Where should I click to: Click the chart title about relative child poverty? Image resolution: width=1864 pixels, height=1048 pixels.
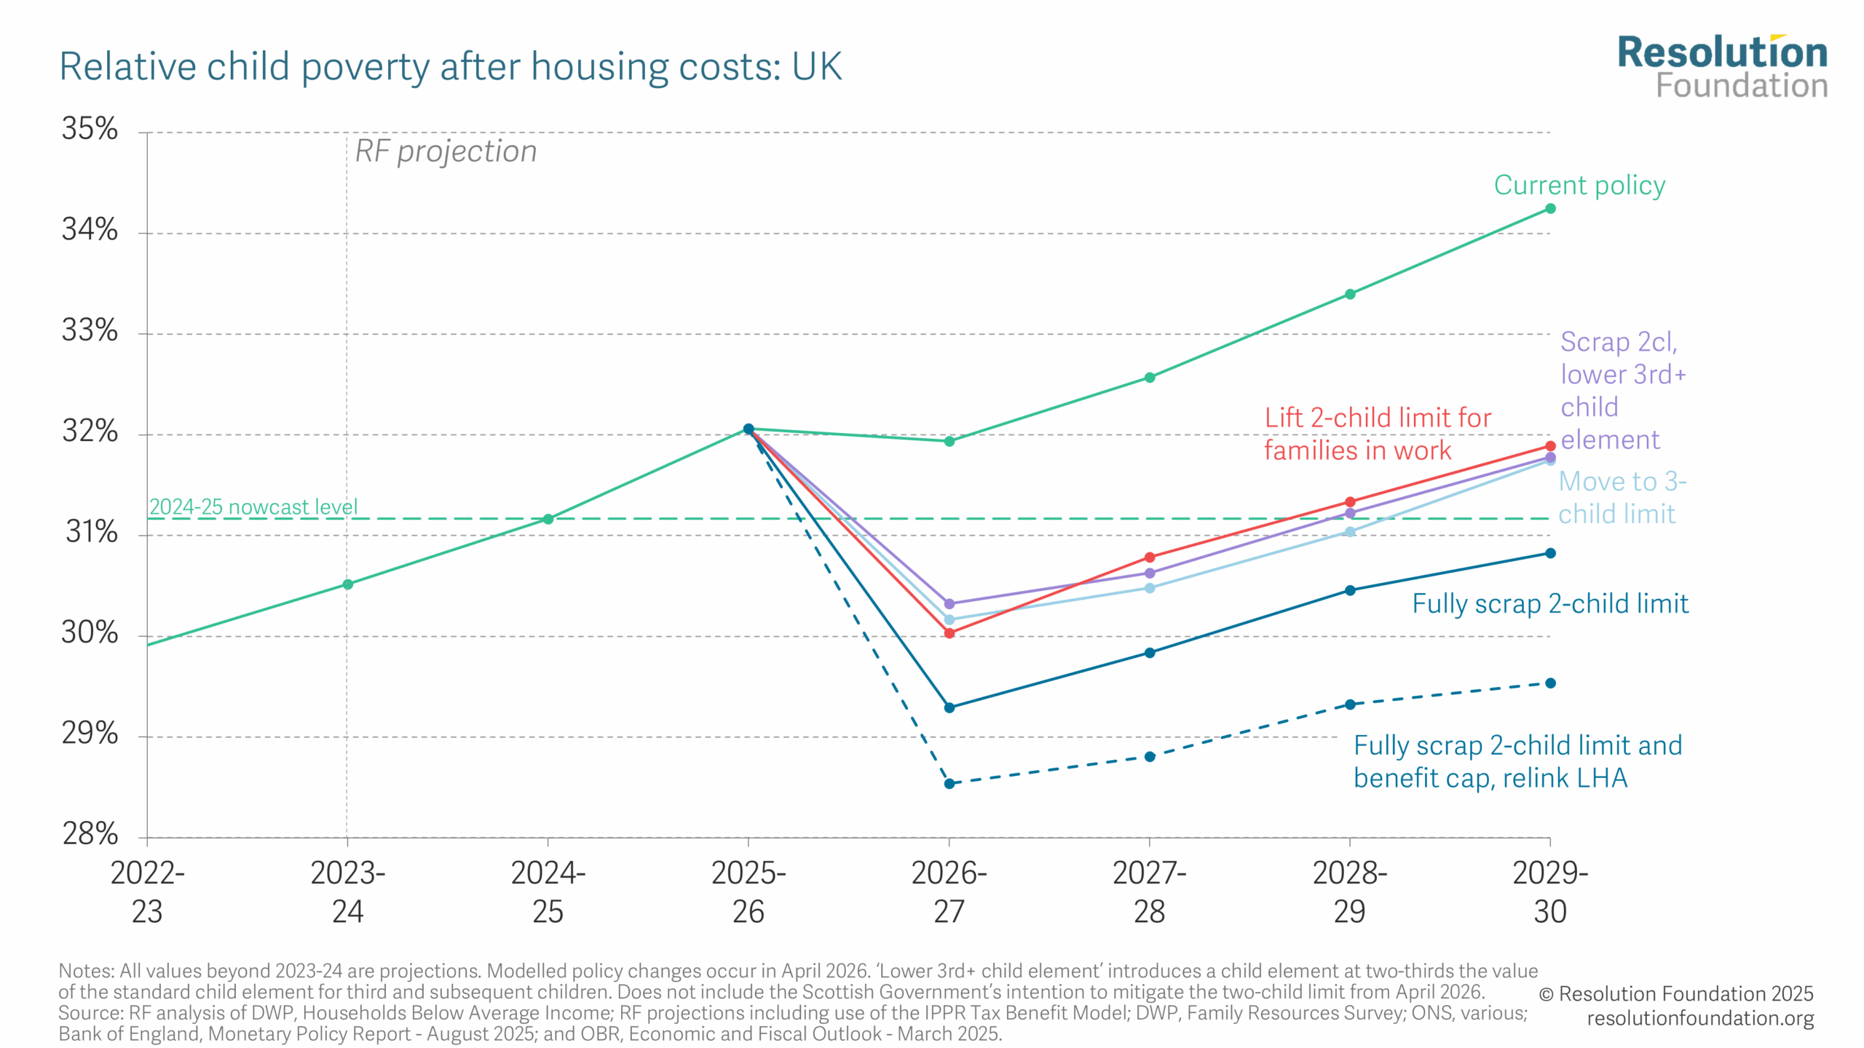tap(450, 67)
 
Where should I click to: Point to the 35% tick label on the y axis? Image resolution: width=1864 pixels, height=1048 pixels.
tap(90, 129)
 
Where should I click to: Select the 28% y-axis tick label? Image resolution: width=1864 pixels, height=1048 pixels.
tap(90, 833)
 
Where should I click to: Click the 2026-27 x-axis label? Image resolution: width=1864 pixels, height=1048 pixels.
tap(949, 892)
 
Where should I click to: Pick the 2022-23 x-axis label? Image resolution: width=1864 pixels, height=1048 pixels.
tap(147, 892)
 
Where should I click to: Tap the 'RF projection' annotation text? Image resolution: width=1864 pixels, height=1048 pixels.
tap(446, 151)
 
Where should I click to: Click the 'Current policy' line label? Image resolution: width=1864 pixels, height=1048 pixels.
tap(1579, 186)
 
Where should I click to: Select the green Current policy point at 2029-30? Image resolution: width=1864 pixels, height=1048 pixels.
tap(1550, 209)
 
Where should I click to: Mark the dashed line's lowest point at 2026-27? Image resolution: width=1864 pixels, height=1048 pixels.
tap(949, 784)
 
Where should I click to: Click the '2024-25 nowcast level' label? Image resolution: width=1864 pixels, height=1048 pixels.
tap(253, 507)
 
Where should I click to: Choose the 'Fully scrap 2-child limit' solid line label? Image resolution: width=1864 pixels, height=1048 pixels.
tap(1549, 604)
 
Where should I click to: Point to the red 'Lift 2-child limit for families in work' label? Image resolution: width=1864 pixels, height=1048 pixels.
tap(1376, 434)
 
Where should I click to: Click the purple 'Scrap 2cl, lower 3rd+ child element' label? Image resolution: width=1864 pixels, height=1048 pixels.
tap(1622, 391)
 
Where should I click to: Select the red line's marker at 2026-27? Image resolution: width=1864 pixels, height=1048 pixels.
tap(949, 633)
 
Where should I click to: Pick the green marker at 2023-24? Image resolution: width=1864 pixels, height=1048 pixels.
tap(348, 584)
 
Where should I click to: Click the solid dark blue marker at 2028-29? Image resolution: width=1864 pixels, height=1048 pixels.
tap(1350, 590)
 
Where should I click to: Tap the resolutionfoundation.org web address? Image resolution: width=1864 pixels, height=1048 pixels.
tap(1699, 1018)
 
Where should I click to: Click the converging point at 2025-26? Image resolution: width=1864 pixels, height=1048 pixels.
tap(749, 429)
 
